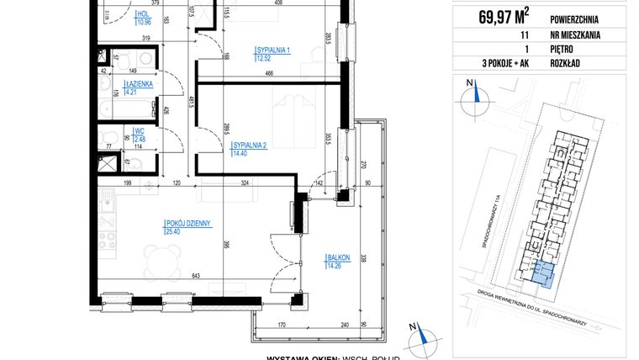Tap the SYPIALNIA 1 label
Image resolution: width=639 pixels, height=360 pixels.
(273, 50)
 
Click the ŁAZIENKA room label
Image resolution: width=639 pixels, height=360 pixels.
(138, 85)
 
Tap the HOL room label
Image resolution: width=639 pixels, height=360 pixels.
(145, 14)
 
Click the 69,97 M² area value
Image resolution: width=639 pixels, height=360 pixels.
(503, 13)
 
